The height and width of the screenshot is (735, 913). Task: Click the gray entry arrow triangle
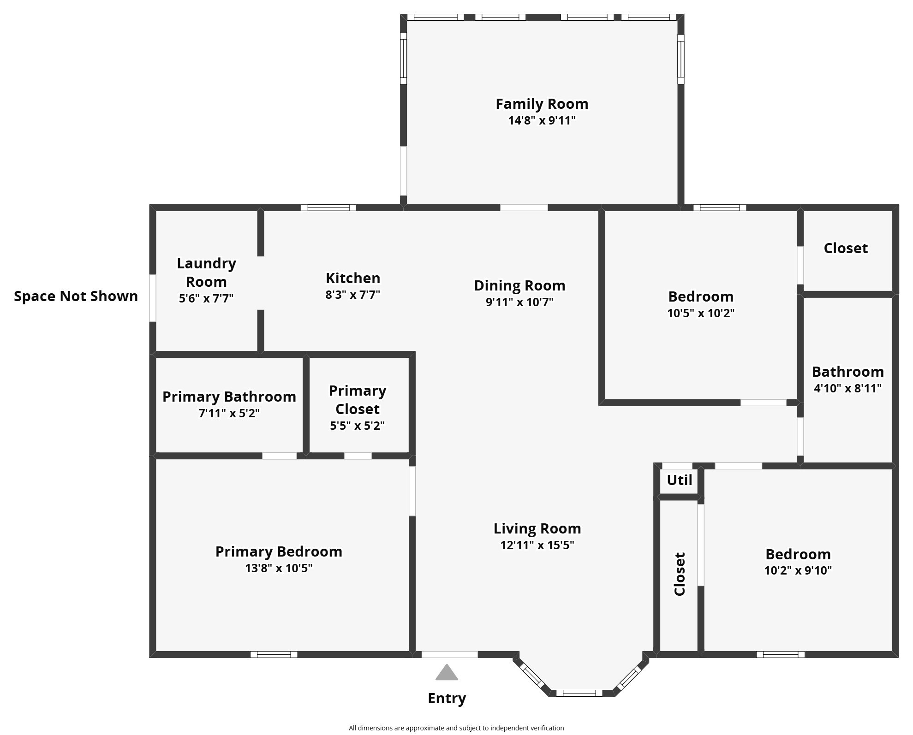pyautogui.click(x=447, y=673)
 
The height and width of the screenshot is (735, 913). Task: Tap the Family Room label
pyautogui.click(x=542, y=104)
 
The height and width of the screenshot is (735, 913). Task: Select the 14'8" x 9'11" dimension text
pyautogui.click(x=542, y=121)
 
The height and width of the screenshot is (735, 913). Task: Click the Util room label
pyautogui.click(x=680, y=480)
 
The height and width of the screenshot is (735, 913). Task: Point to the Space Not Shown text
pyautogui.click(x=76, y=296)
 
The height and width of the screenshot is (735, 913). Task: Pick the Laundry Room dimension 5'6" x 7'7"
pyautogui.click(x=206, y=298)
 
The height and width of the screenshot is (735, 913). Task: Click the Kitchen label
pyautogui.click(x=353, y=278)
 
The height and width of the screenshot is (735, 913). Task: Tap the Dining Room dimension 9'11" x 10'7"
pyautogui.click(x=519, y=302)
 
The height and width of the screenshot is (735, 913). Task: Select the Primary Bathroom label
pyautogui.click(x=229, y=397)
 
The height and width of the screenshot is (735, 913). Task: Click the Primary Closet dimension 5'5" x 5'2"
pyautogui.click(x=357, y=426)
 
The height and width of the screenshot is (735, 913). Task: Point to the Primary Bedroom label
pyautogui.click(x=279, y=551)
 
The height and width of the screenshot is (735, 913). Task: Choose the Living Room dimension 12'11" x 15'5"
pyautogui.click(x=537, y=545)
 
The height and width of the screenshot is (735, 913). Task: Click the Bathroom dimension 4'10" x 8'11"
pyautogui.click(x=847, y=388)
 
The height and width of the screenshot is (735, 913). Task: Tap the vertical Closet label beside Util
pyautogui.click(x=680, y=574)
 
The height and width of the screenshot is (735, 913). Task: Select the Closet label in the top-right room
pyautogui.click(x=846, y=248)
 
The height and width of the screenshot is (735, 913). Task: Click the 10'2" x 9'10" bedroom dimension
pyautogui.click(x=798, y=570)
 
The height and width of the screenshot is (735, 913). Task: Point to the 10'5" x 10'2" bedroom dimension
pyautogui.click(x=701, y=313)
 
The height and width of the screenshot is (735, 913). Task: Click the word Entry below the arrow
pyautogui.click(x=447, y=699)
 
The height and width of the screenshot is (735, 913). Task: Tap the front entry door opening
pyautogui.click(x=449, y=654)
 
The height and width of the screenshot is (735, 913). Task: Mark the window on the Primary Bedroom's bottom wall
pyautogui.click(x=274, y=654)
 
